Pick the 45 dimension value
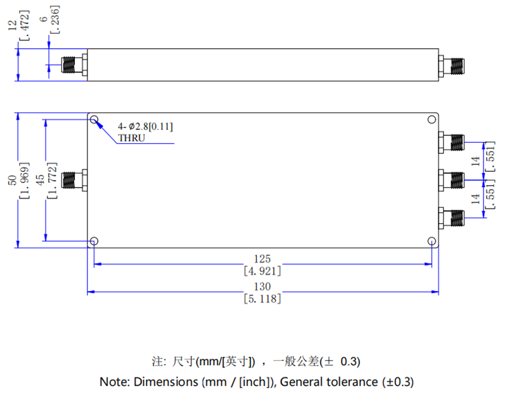coord(40,181)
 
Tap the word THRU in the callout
coord(131,138)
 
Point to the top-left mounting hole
coord(94,120)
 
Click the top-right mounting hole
coord(432,120)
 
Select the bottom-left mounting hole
coord(94,241)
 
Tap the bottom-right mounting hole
coord(432,241)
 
